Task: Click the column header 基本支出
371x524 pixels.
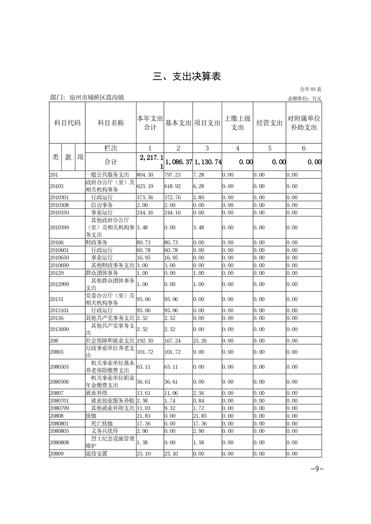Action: tap(178, 123)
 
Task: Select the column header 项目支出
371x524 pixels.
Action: tap(207, 123)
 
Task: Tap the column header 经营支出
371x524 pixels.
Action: tap(269, 123)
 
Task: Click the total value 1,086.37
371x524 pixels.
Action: tap(178, 162)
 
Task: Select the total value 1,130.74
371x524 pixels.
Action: tap(207, 162)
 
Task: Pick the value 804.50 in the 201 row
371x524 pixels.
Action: tap(144, 175)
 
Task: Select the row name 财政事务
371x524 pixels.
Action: tap(96, 242)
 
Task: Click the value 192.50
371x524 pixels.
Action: tap(144, 340)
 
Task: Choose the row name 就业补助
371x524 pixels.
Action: tap(96, 393)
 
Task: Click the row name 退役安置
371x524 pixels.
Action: tap(96, 453)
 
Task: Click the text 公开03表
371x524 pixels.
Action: tap(311, 89)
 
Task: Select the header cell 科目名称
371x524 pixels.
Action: tap(110, 123)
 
